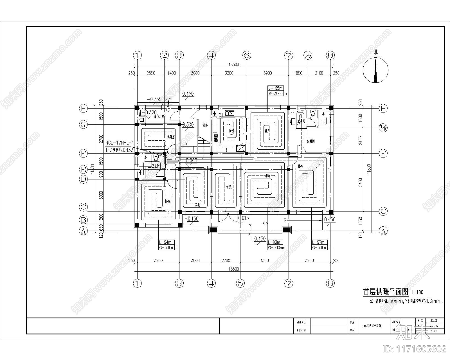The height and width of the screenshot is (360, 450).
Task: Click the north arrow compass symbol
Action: click(x=375, y=70)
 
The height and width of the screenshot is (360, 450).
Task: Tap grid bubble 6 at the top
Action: click(x=247, y=55)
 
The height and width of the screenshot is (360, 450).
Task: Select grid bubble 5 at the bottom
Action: click(x=240, y=283)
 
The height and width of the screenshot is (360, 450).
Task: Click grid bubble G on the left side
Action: click(x=83, y=125)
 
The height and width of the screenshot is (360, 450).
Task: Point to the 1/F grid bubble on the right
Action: click(x=383, y=128)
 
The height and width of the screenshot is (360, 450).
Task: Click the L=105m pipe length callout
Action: click(x=277, y=91)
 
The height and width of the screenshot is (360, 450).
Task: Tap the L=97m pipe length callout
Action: click(x=321, y=245)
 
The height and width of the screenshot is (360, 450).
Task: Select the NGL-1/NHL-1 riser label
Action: click(x=120, y=143)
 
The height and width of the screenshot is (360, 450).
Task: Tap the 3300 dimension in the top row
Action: click(x=229, y=73)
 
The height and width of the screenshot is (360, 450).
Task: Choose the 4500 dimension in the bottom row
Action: click(x=264, y=260)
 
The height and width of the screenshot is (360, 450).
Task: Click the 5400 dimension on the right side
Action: click(x=361, y=182)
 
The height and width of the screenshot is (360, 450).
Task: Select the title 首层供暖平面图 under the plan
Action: click(x=385, y=292)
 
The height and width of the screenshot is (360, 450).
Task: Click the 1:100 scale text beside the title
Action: click(x=417, y=292)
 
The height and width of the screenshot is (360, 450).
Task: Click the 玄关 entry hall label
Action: click(x=229, y=187)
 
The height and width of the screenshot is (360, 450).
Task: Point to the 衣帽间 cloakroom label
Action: click(x=310, y=141)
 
